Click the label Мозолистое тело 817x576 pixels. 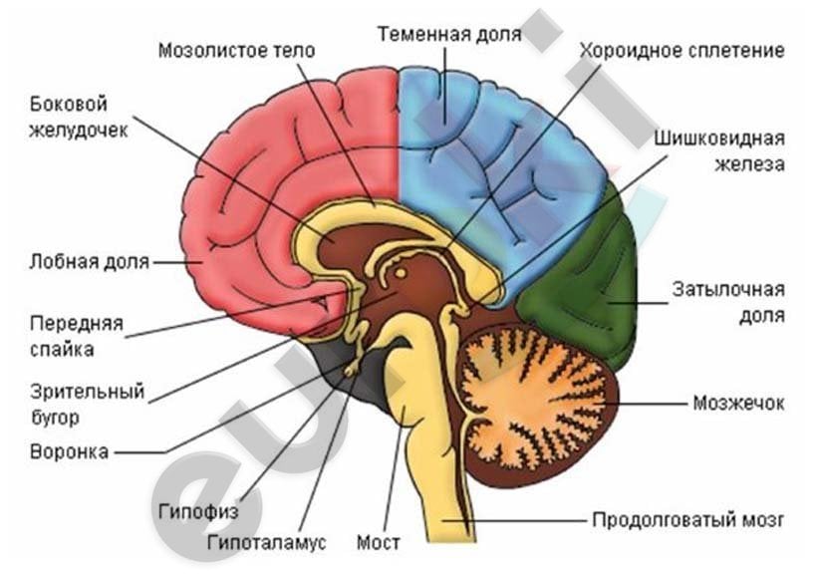tap(236, 51)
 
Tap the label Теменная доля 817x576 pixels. tap(449, 35)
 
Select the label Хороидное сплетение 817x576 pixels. tap(682, 51)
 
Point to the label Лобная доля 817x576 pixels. tap(89, 261)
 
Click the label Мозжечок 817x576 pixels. tap(738, 403)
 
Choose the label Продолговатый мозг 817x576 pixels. tap(687, 520)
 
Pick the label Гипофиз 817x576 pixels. tap(198, 511)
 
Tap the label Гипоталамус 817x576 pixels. tap(266, 542)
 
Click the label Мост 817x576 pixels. tap(379, 542)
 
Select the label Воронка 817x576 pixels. tap(70, 451)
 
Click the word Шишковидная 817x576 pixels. tap(719, 139)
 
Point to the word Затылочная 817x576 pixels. tap(728, 289)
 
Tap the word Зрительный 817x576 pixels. tap(87, 392)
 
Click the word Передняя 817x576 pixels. tap(76, 324)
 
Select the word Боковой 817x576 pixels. tap(69, 105)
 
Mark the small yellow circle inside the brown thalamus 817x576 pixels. tap(401, 273)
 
